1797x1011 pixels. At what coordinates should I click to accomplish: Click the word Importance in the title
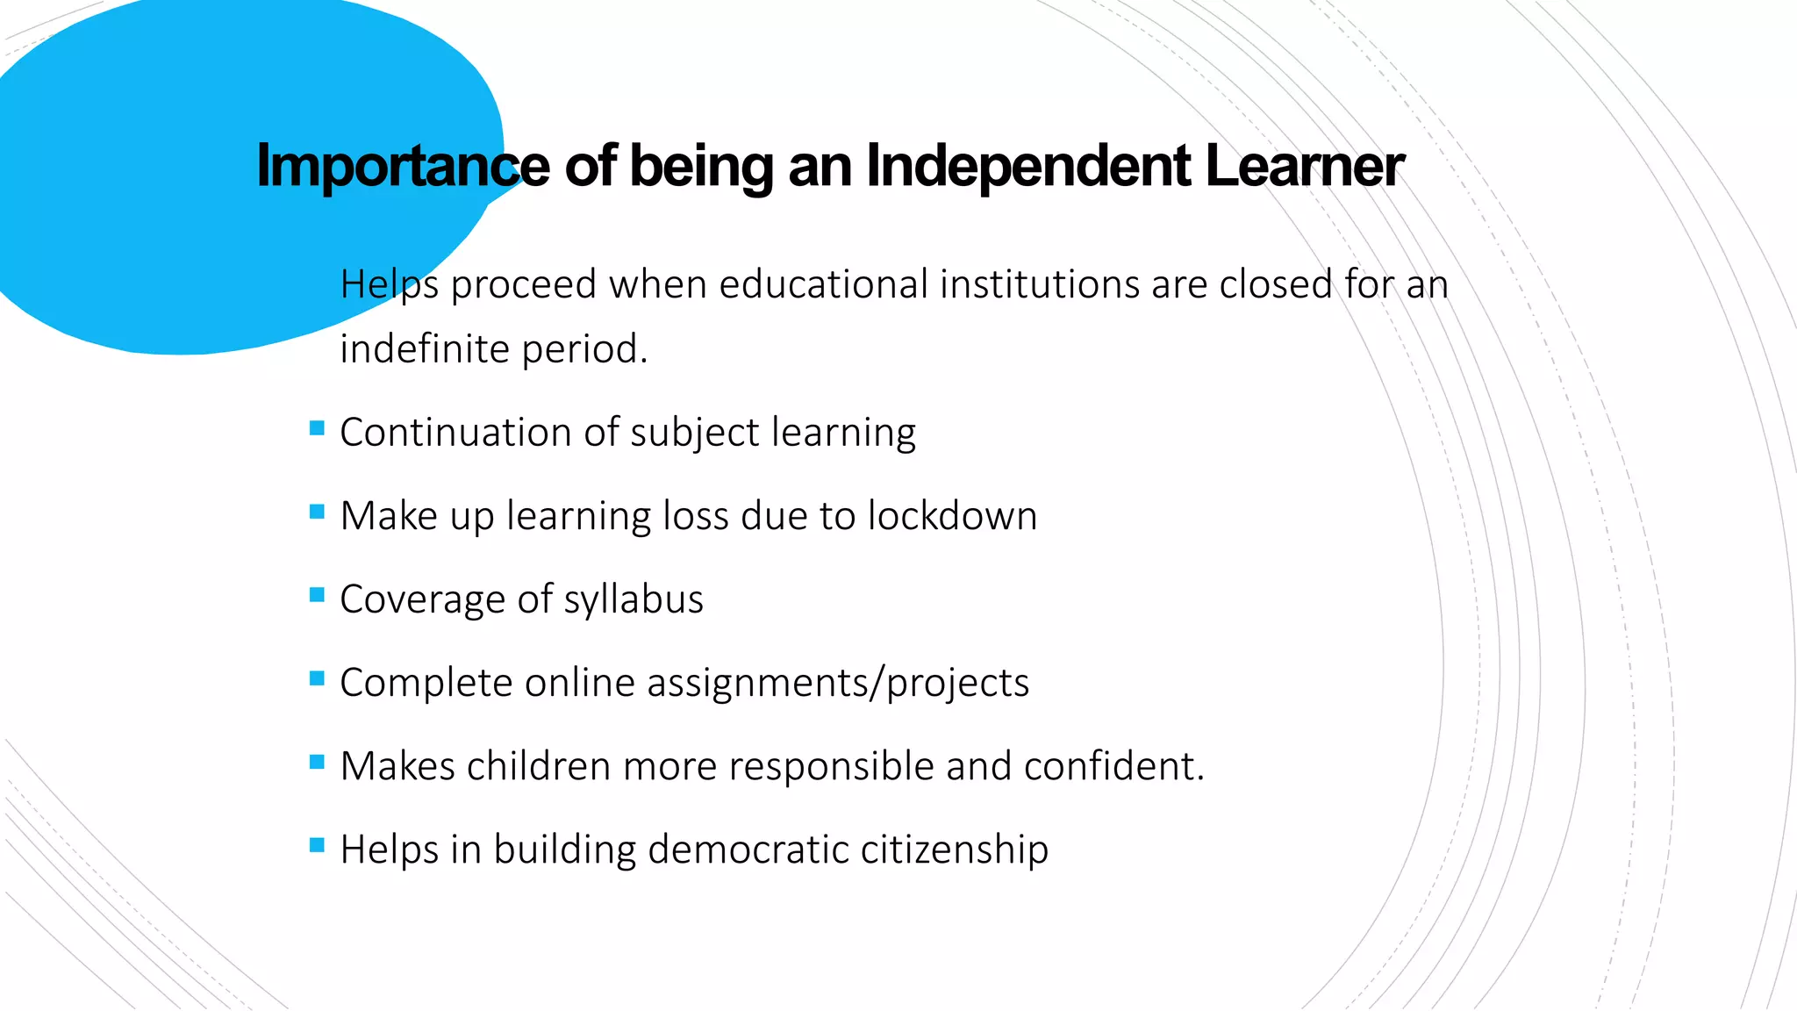pos(403,166)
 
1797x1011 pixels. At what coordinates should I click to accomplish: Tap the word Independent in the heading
pos(1027,166)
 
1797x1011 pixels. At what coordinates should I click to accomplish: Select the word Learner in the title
pos(1305,166)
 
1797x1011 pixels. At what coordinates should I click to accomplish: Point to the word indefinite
pos(425,349)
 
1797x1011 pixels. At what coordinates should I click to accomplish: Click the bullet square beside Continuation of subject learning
pos(317,428)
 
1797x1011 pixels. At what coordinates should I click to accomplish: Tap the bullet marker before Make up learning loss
pos(317,512)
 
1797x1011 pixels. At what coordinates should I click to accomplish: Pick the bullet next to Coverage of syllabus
pos(317,595)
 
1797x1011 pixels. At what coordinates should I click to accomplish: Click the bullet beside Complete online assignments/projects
pos(317,678)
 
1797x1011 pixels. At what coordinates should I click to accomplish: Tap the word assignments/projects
pos(838,684)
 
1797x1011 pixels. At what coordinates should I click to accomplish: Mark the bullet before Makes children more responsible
pos(317,762)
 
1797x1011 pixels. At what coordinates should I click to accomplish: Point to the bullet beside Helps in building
pos(317,845)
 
